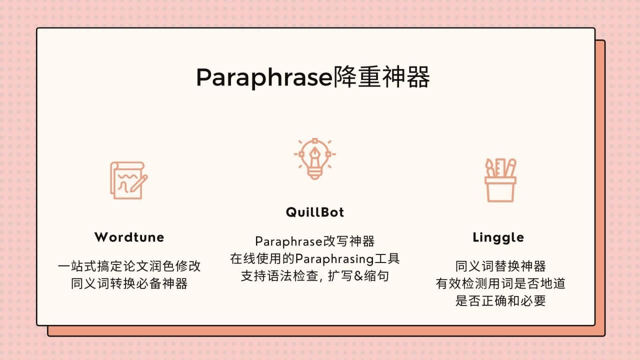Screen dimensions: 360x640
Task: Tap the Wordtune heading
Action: pyautogui.click(x=129, y=237)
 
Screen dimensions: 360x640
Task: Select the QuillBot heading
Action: pyautogui.click(x=315, y=212)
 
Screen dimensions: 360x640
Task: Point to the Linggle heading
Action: pyautogui.click(x=498, y=237)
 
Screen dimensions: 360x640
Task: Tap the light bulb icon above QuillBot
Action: pyautogui.click(x=314, y=158)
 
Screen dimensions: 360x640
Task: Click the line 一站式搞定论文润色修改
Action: pyautogui.click(x=129, y=266)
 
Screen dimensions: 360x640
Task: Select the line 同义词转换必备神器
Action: pyautogui.click(x=129, y=284)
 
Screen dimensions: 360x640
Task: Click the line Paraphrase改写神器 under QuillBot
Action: pyautogui.click(x=315, y=241)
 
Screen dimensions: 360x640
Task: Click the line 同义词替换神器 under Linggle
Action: pyautogui.click(x=500, y=266)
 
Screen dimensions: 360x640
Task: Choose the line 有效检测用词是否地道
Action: pyautogui.click(x=500, y=284)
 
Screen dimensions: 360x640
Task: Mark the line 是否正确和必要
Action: pyautogui.click(x=500, y=301)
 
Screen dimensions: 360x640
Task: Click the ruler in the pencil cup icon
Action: pyautogui.click(x=500, y=168)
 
